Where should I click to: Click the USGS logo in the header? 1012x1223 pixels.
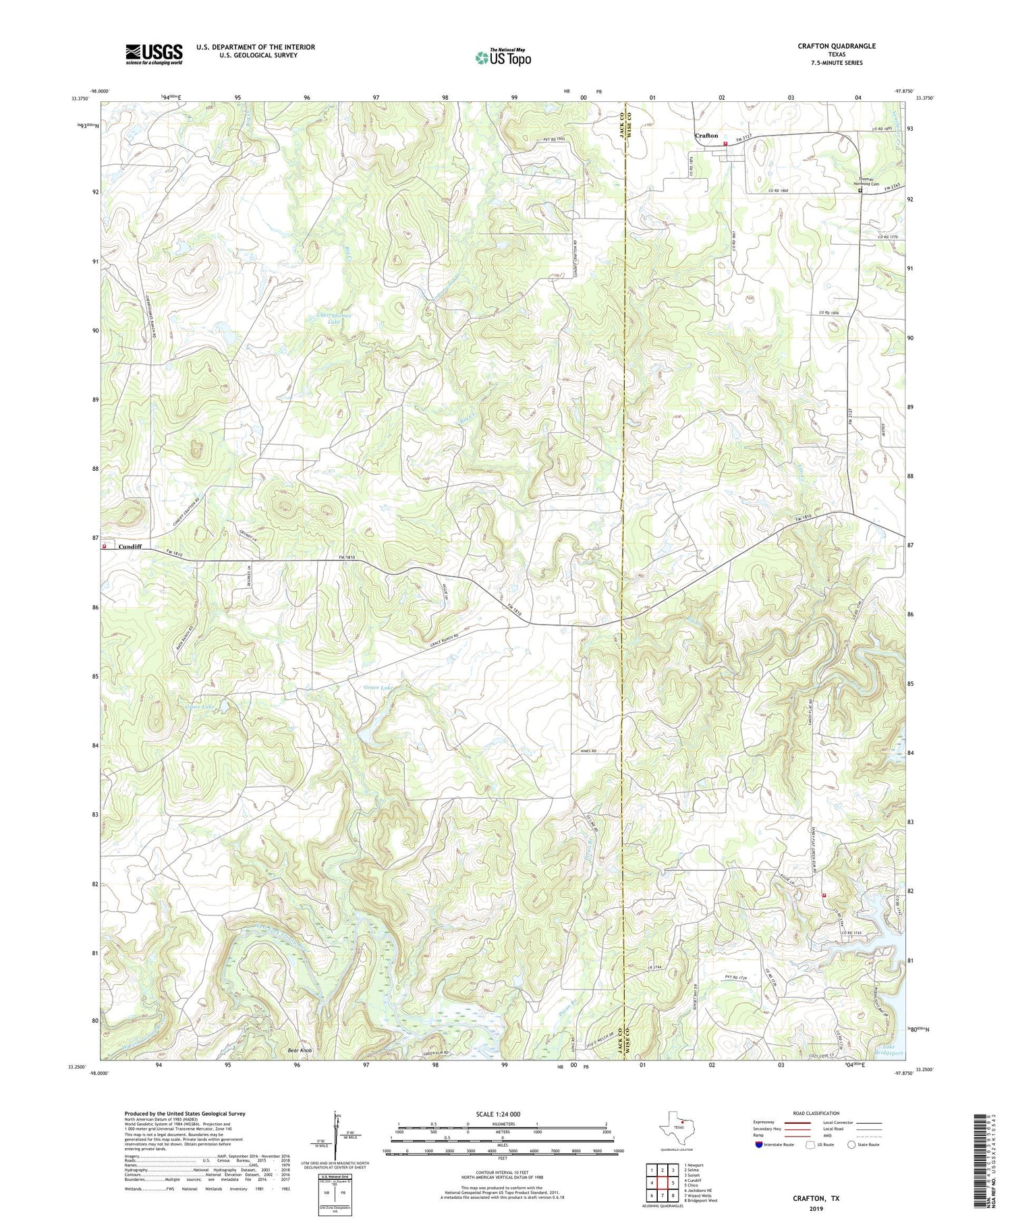coord(154,54)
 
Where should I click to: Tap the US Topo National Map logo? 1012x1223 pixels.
coord(503,57)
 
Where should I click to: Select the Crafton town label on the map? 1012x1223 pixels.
coord(706,136)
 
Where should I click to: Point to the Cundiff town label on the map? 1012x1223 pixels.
coord(130,547)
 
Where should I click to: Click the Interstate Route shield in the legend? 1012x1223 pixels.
coord(760,1144)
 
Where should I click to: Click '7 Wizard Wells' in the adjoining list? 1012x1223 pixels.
coord(698,1195)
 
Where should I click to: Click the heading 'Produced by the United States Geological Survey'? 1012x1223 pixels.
coord(185,1114)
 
